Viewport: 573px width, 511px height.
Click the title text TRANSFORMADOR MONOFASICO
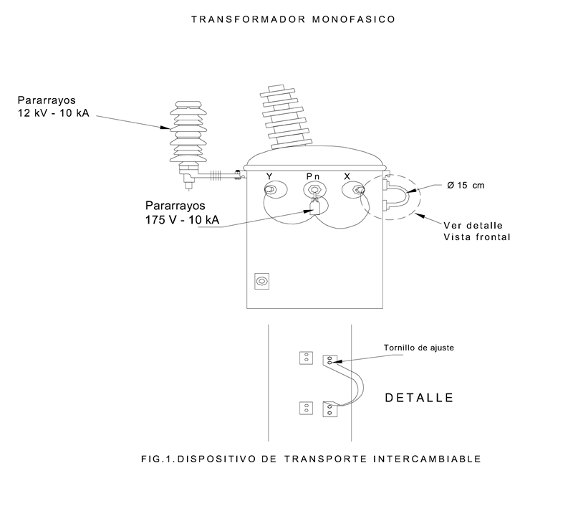pyautogui.click(x=293, y=20)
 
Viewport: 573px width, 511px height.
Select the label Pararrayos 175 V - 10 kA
pyautogui.click(x=182, y=213)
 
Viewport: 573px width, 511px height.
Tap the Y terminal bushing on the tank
pyautogui.click(x=271, y=190)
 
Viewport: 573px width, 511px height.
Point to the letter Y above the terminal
pyautogui.click(x=269, y=176)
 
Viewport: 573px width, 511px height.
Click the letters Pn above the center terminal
pyautogui.click(x=313, y=176)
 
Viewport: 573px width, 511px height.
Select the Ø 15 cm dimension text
pyautogui.click(x=466, y=186)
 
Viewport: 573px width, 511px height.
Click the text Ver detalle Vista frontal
pyautogui.click(x=476, y=229)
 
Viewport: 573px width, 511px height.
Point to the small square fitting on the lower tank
pyautogui.click(x=261, y=282)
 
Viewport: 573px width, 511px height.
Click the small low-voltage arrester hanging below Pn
pyautogui.click(x=314, y=209)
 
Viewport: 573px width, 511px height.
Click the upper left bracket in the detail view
pyautogui.click(x=306, y=358)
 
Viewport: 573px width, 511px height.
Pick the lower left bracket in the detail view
pyautogui.click(x=306, y=409)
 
